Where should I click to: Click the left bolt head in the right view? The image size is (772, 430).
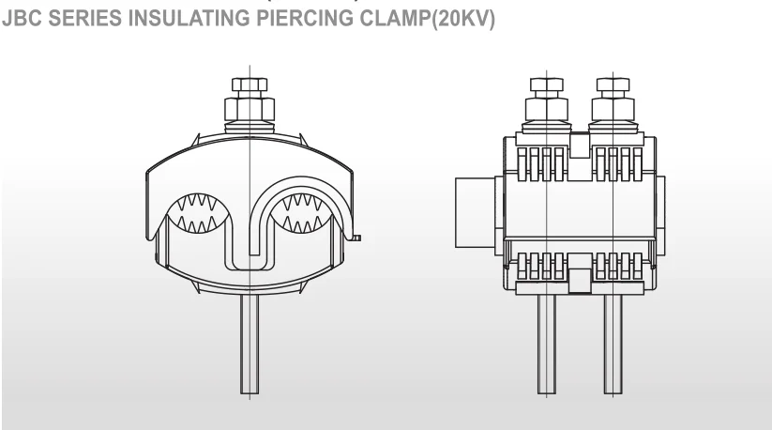(x=544, y=88)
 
